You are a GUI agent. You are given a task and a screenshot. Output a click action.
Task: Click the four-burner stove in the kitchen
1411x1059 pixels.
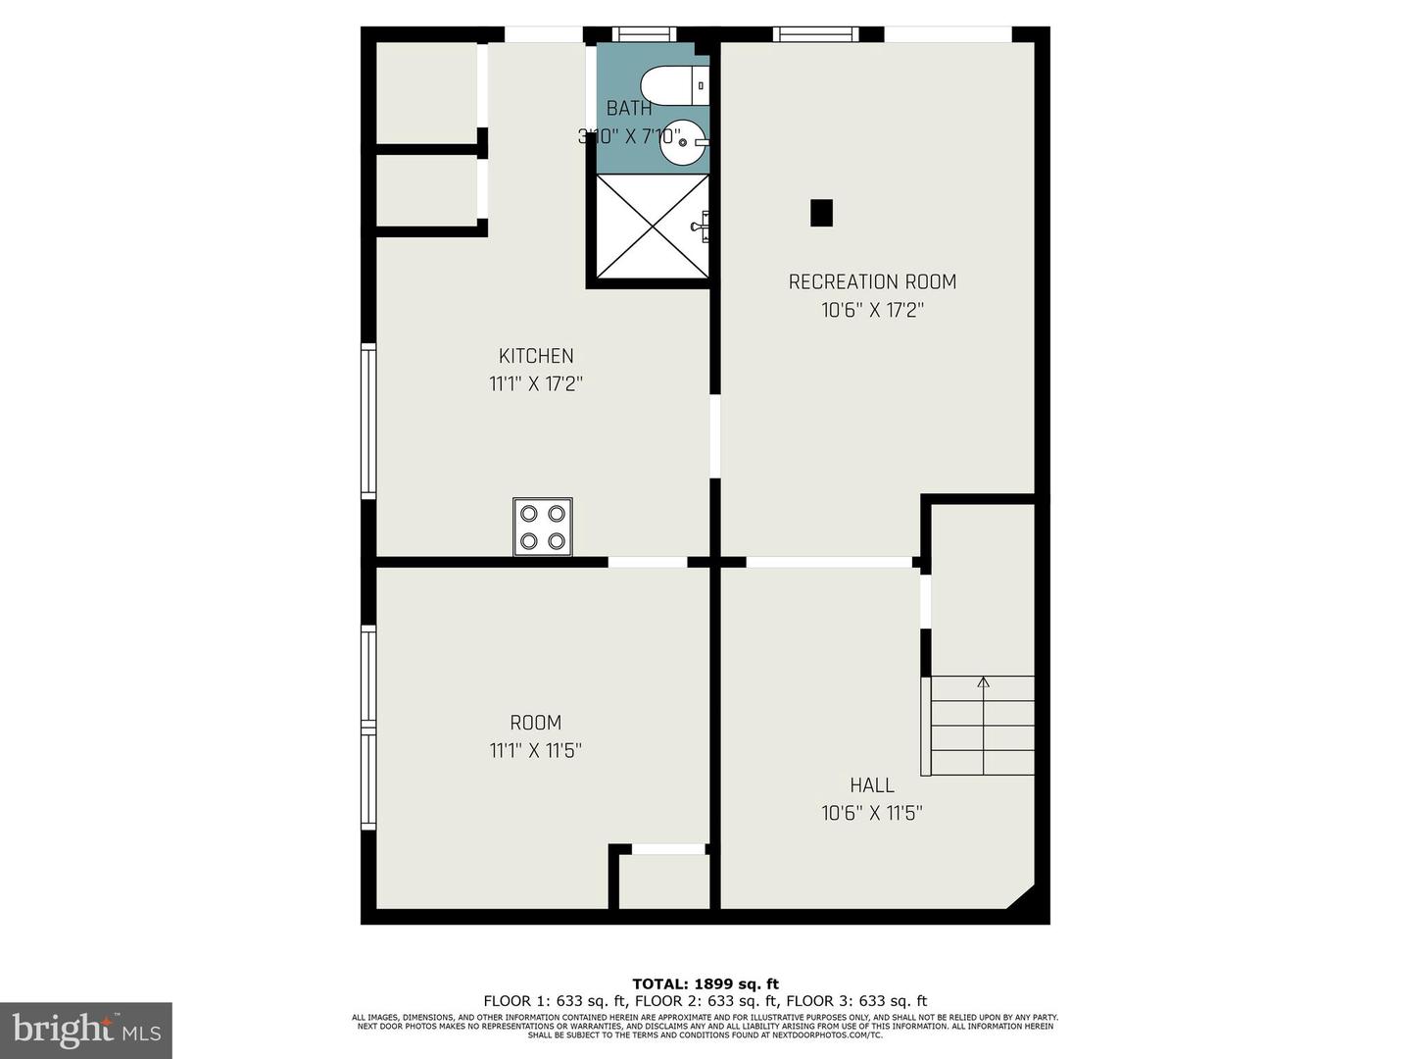[x=543, y=527]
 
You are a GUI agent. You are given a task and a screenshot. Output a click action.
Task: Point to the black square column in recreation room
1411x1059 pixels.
[x=821, y=213]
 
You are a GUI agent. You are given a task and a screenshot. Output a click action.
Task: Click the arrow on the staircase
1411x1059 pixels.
[x=983, y=683]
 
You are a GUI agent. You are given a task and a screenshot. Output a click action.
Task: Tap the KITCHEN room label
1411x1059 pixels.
[x=536, y=356]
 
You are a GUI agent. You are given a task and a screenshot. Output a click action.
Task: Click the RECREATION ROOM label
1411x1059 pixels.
[x=872, y=282]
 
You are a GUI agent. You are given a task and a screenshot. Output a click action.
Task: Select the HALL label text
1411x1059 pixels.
[x=872, y=785]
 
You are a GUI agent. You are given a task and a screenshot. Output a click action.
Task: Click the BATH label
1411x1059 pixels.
[x=629, y=109]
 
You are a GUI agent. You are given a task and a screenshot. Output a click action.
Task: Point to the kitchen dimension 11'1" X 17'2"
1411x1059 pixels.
[x=536, y=384]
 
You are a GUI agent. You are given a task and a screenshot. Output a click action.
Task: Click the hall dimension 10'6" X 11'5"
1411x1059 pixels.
[x=872, y=813]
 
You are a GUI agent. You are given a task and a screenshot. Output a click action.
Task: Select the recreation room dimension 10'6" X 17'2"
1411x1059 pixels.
[x=872, y=311]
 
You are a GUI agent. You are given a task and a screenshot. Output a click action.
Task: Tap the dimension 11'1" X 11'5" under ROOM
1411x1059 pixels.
[x=536, y=751]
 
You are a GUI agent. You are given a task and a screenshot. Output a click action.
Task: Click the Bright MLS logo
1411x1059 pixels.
[x=86, y=1030]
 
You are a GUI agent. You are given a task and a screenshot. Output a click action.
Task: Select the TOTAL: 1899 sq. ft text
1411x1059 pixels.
[x=705, y=983]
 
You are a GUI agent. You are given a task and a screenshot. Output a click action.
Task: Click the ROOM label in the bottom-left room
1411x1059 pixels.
[x=536, y=724]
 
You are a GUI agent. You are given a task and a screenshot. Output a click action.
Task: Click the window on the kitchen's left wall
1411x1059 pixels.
[x=368, y=421]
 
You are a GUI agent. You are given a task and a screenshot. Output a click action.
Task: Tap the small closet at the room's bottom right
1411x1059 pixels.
[x=664, y=882]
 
